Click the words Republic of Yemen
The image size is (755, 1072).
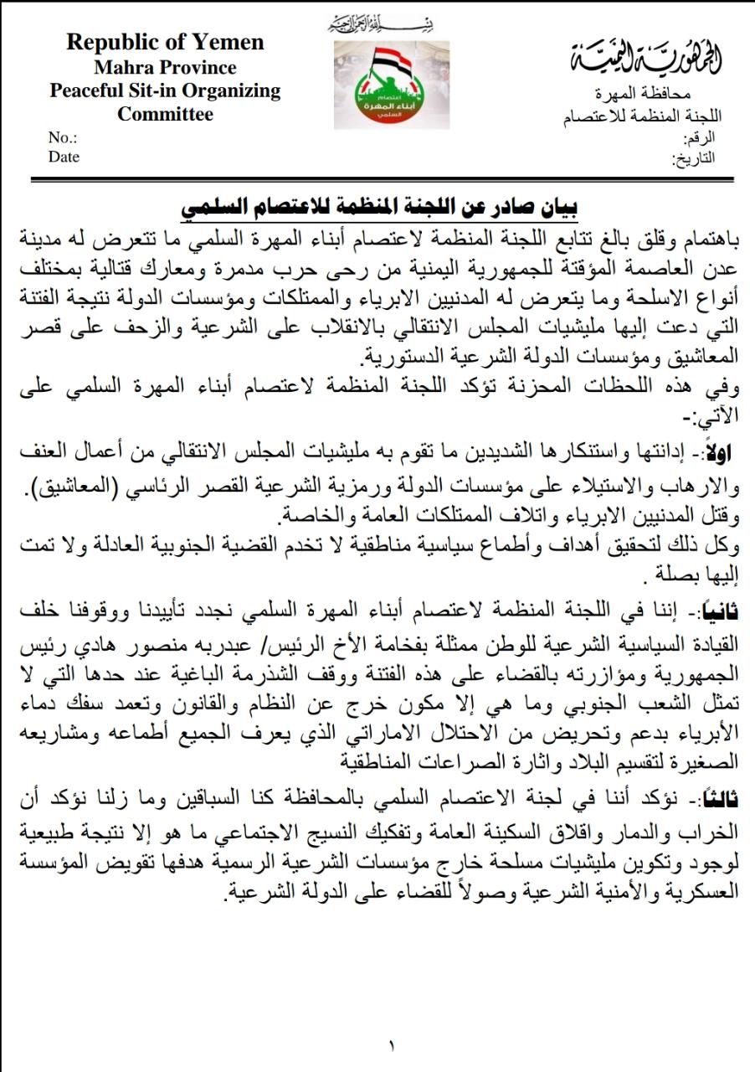tap(165, 42)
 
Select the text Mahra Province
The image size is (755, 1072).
tap(165, 67)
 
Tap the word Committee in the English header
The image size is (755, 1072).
tap(165, 114)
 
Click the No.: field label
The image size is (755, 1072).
tap(63, 137)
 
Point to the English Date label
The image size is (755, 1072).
tap(64, 157)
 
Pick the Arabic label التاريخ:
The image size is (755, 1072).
tap(695, 157)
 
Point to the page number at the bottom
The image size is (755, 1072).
tap(391, 1044)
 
